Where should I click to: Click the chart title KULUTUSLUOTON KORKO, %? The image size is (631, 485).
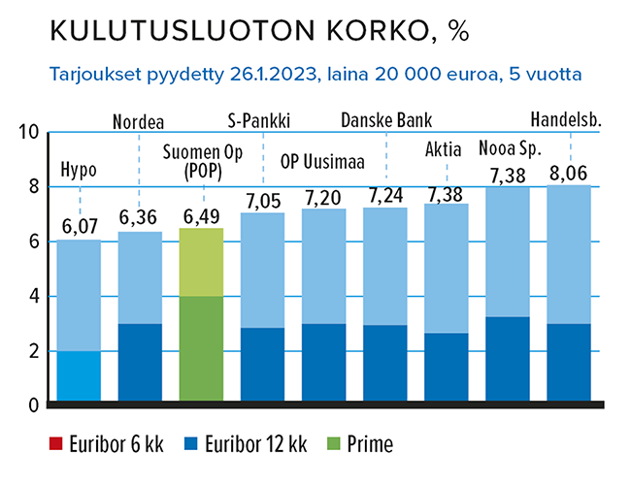[259, 31]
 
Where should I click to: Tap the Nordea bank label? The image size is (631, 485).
[139, 122]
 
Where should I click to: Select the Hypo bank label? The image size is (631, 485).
[79, 171]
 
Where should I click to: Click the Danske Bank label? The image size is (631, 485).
[386, 122]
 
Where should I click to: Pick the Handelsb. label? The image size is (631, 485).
[567, 121]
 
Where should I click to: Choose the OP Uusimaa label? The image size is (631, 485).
[322, 162]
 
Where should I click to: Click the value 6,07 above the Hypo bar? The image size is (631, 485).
[79, 227]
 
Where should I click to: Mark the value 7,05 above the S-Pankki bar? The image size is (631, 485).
[262, 200]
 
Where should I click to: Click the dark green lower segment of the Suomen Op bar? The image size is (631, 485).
[202, 348]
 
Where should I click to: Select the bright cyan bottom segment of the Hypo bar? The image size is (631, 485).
[79, 375]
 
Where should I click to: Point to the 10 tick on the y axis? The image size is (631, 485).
[28, 133]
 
